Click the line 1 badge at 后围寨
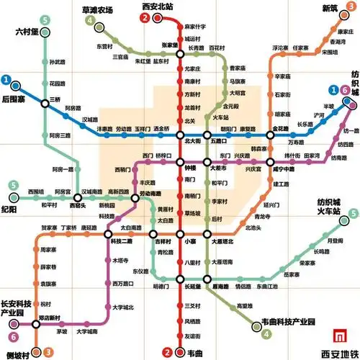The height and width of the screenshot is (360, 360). pyautogui.click(x=6, y=79)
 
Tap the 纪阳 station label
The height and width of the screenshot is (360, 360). pyautogui.click(x=10, y=210)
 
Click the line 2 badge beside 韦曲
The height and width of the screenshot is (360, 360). pyautogui.click(x=166, y=352)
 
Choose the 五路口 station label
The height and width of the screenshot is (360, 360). pyautogui.click(x=220, y=142)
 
